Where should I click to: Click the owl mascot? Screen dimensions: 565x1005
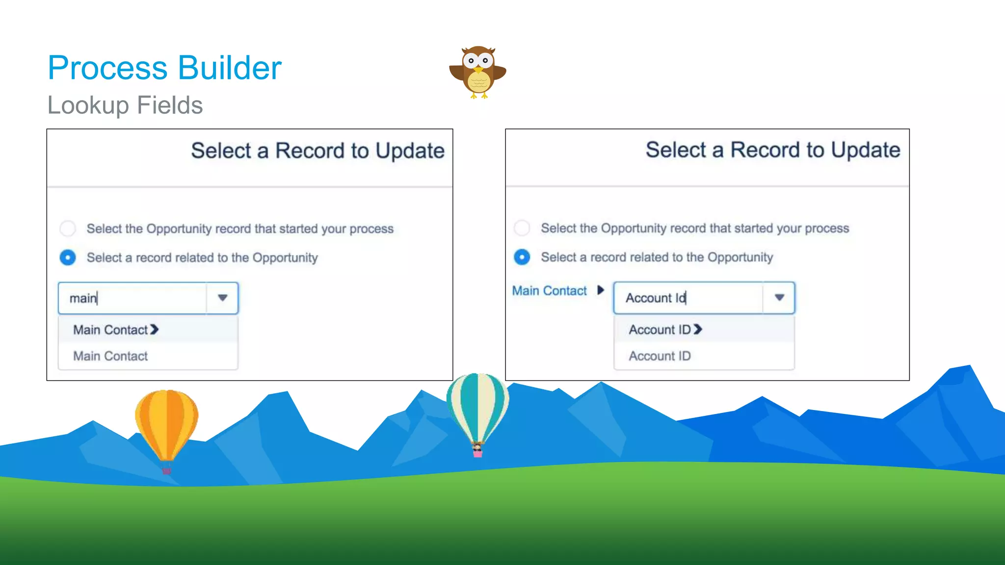click(477, 72)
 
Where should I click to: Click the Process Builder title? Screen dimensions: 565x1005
click(164, 68)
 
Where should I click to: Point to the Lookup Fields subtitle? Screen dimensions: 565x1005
click(125, 105)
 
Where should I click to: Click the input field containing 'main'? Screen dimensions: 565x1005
click(132, 298)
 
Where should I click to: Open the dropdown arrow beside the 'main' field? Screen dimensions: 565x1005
click(222, 298)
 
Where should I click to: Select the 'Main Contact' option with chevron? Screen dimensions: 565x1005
click(116, 330)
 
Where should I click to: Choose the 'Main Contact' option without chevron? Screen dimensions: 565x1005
click(110, 356)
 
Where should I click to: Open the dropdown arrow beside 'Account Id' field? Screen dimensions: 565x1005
click(779, 298)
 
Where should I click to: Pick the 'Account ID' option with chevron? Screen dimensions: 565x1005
click(665, 330)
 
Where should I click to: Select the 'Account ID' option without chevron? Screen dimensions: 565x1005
click(660, 356)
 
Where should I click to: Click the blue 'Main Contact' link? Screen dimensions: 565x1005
click(549, 291)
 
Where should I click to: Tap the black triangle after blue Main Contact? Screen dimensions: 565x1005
click(600, 290)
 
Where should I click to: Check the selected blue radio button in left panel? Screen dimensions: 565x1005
click(68, 257)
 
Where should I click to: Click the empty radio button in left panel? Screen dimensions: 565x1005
click(68, 229)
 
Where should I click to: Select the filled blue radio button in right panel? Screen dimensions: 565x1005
click(522, 257)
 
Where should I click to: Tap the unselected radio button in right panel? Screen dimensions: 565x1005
click(522, 228)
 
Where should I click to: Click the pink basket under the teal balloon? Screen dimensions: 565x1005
click(477, 453)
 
